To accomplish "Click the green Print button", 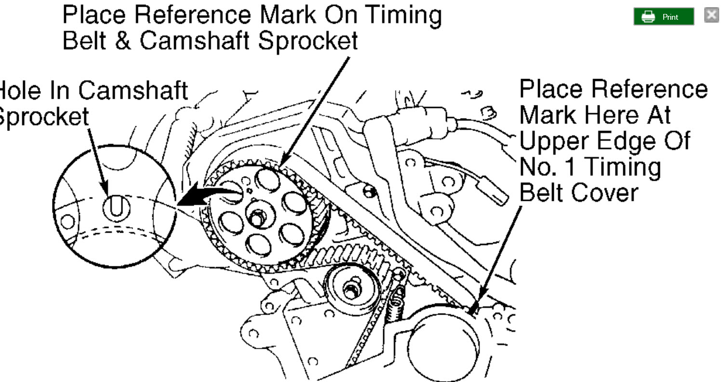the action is [x=663, y=17].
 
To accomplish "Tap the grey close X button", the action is [x=711, y=15].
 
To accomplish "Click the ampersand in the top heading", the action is [x=124, y=41].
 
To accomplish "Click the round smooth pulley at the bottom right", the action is [x=442, y=340].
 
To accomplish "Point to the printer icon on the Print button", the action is [x=649, y=17].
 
